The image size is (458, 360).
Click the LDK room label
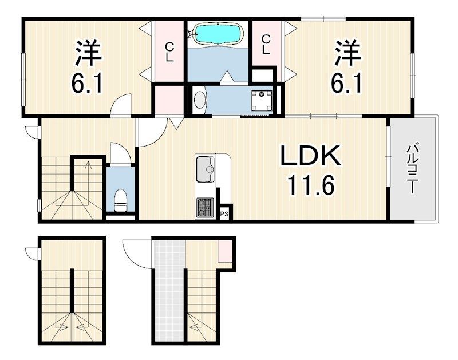pos(310,156)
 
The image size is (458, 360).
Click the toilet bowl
pos(120,200)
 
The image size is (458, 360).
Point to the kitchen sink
pos(205,169)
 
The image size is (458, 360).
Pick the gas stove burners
pos(205,208)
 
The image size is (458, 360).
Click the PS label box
pos(224,214)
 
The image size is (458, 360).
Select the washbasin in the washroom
pos(200,100)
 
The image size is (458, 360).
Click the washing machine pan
pos(262,101)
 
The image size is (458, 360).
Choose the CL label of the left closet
pos(169,52)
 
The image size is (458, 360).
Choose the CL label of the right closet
pos(265,45)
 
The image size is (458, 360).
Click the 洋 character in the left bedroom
pos(88,53)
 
